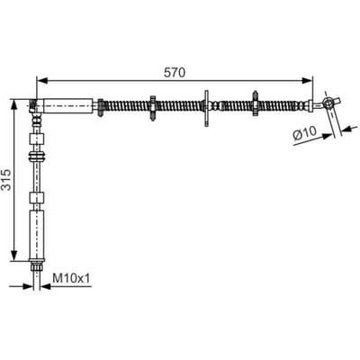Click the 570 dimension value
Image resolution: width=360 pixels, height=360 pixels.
tap(175, 73)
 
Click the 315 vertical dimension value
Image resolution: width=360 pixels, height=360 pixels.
tap(6, 180)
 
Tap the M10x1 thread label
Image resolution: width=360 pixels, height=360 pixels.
tap(71, 278)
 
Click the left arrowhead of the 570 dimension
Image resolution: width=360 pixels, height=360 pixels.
tap(42, 80)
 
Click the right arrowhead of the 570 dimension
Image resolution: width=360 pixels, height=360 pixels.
tap(307, 80)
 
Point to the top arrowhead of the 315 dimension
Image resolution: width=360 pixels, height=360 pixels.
tap(13, 105)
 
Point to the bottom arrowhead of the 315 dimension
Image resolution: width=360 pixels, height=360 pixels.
tap(13, 255)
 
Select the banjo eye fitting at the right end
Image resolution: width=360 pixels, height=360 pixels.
tap(328, 103)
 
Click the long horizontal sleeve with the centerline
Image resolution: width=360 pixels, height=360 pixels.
tap(67, 106)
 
